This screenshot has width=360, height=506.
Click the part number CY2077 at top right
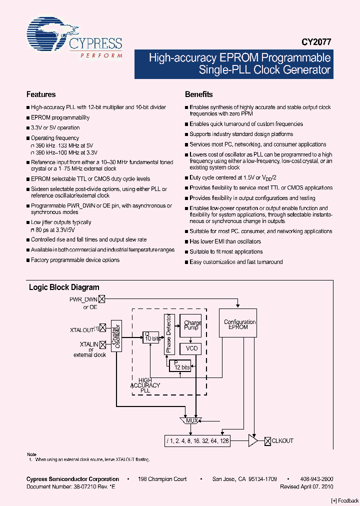[316, 43]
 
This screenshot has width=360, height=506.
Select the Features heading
[41, 94]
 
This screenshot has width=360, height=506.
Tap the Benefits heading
[198, 94]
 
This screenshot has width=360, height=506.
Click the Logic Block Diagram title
[64, 287]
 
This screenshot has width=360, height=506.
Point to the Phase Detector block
[168, 334]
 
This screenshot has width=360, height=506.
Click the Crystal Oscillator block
[116, 335]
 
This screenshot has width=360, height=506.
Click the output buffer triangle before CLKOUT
[253, 440]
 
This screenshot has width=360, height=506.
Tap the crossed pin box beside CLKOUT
[267, 440]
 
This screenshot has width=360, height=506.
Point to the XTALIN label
[88, 344]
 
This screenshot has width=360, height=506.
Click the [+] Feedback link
[344, 500]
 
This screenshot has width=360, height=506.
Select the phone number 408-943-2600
[317, 479]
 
